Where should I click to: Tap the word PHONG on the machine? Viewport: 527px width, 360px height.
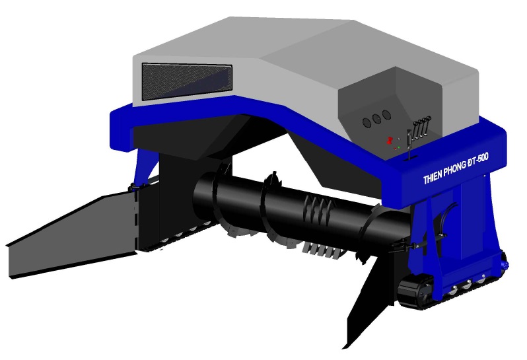coord(455,170)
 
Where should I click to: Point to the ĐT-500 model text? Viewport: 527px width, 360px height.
coord(478,161)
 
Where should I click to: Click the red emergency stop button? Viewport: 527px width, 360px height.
coord(390,141)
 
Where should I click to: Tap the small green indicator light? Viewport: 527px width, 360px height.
coord(399,147)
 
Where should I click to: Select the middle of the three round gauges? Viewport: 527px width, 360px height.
coord(376,119)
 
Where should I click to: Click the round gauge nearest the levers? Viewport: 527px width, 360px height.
coord(386,115)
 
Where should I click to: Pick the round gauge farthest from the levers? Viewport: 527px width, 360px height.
coord(367,122)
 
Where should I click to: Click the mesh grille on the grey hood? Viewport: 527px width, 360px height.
coord(187,82)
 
